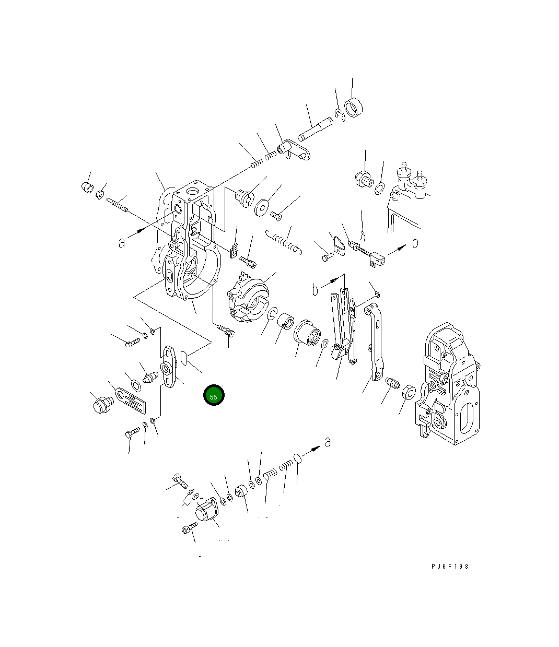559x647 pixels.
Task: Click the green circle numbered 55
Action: pyautogui.click(x=214, y=395)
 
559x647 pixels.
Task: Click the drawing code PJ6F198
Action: pyautogui.click(x=449, y=575)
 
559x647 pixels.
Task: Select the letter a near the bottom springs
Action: pyautogui.click(x=327, y=441)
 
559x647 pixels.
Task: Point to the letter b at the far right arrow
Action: pyautogui.click(x=415, y=242)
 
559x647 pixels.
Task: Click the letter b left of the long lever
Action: pyautogui.click(x=315, y=289)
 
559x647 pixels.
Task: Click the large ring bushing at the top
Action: pyautogui.click(x=353, y=108)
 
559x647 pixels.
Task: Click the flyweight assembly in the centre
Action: pyautogui.click(x=248, y=297)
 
